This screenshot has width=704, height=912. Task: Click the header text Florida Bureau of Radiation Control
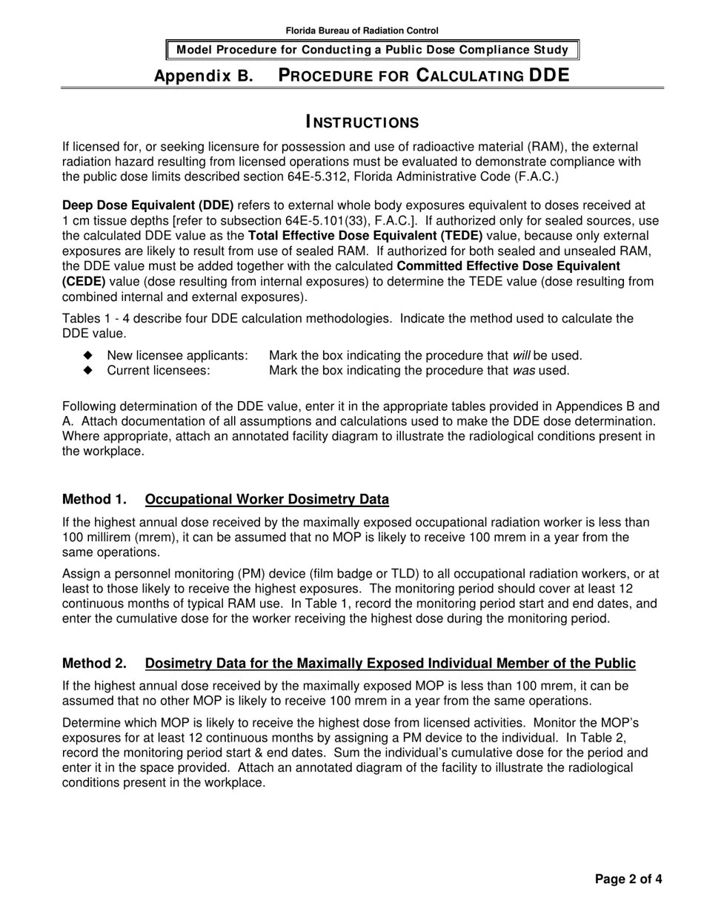[362, 30]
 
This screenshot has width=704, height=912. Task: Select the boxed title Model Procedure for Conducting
[372, 50]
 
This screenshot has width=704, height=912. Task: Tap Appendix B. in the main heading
[203, 76]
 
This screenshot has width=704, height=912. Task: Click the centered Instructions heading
[362, 122]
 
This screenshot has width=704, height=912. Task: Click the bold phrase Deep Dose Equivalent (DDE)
[147, 205]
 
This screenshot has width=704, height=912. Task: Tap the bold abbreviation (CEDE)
[84, 281]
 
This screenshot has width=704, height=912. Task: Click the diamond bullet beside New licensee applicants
[89, 356]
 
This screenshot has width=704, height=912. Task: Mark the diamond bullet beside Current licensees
[89, 370]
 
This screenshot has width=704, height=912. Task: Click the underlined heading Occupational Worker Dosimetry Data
[267, 499]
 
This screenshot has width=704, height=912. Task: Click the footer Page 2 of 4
[628, 879]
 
